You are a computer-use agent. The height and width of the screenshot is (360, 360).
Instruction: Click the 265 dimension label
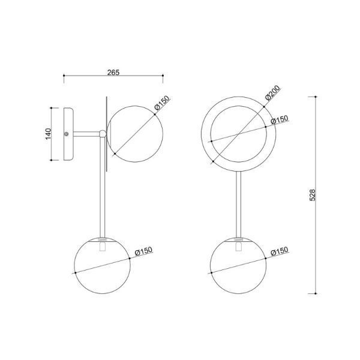click(x=113, y=73)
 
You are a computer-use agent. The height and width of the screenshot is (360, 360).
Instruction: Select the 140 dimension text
click(x=48, y=134)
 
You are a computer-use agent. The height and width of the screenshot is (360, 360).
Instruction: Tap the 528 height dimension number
click(x=313, y=195)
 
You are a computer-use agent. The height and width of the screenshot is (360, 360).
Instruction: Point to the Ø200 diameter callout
click(x=272, y=93)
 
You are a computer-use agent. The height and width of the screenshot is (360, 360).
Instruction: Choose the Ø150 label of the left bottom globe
click(x=144, y=251)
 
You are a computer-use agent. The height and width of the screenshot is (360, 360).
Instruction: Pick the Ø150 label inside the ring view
click(x=280, y=119)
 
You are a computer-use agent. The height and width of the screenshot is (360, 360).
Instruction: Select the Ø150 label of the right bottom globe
click(x=280, y=251)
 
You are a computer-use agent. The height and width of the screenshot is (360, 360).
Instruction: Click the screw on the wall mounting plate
click(x=67, y=134)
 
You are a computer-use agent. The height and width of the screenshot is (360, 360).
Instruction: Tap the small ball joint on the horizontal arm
click(x=103, y=134)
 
